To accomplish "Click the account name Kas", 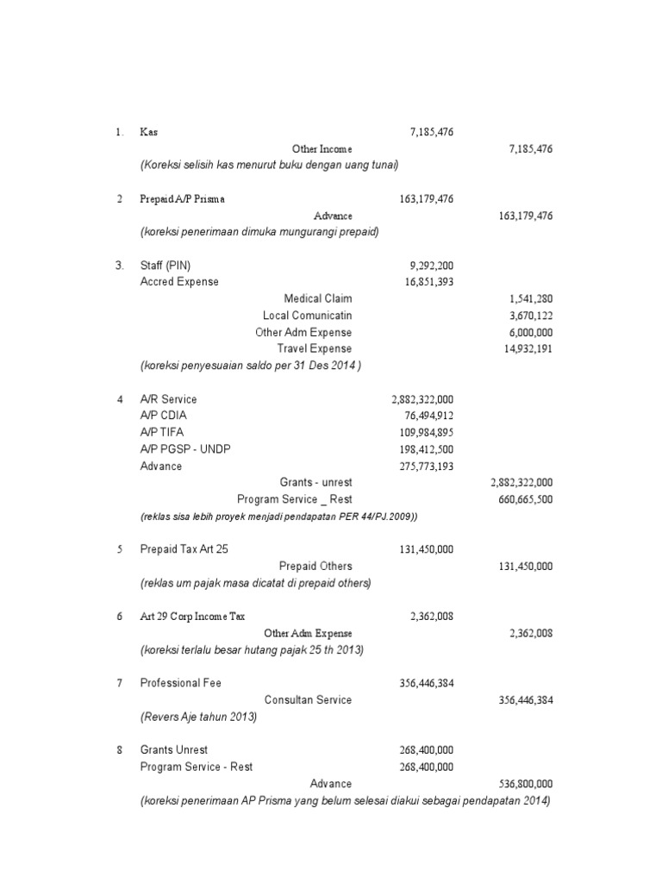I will pos(149,132).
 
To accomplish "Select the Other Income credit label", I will pos(322,148).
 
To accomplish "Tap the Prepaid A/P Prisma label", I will pos(182,199).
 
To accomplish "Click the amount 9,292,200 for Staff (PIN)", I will pos(426,266).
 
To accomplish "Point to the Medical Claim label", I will pos(318,298).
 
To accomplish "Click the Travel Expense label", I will pos(314,348).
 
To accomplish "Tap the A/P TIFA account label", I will pos(162,432).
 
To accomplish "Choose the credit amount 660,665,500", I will pos(519,499).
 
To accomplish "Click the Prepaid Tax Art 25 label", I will pos(185,549).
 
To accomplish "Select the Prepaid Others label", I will pos(315,566).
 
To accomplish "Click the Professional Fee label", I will pos(181,683).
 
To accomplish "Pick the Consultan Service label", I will pos(308,699).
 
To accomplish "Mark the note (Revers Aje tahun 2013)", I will pos(198,717).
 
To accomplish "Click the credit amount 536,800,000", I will pos(519,784).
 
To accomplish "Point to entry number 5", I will pos(120,549).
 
